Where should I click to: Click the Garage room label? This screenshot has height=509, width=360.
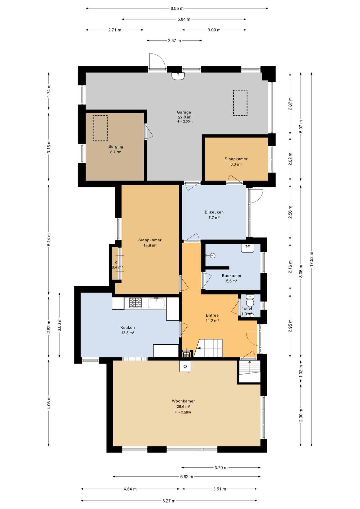click(184, 112)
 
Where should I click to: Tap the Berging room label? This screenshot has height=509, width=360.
click(116, 146)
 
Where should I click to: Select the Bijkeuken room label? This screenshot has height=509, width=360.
click(214, 212)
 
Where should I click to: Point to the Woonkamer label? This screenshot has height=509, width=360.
click(183, 401)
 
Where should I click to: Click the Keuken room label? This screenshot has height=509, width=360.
click(128, 327)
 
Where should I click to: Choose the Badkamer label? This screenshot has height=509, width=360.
click(232, 275)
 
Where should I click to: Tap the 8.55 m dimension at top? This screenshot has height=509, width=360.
click(177, 8)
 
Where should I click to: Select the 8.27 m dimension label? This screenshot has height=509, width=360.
click(169, 501)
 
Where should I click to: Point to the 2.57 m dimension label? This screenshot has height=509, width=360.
click(174, 41)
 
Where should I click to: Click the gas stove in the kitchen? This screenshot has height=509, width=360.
click(135, 303)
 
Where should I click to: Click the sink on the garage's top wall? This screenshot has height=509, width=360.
click(178, 76)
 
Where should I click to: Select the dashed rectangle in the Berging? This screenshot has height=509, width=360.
click(100, 128)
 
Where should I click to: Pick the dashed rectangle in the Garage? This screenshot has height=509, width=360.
click(240, 103)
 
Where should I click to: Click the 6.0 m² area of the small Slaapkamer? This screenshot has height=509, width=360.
click(236, 164)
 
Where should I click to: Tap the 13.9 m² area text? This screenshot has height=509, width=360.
click(150, 245)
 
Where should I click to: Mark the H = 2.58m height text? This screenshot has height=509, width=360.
click(183, 412)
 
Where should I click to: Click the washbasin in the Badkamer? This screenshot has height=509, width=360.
click(248, 248)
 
